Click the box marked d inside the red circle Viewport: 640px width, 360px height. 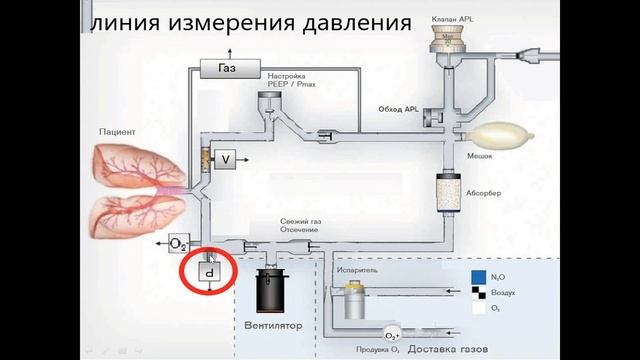[208, 272]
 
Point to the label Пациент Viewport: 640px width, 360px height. [117, 131]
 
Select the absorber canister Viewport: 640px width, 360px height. [447, 190]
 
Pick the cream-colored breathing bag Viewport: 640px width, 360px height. [500, 131]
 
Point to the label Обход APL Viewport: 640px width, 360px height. [397, 109]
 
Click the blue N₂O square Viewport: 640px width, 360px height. [479, 277]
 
